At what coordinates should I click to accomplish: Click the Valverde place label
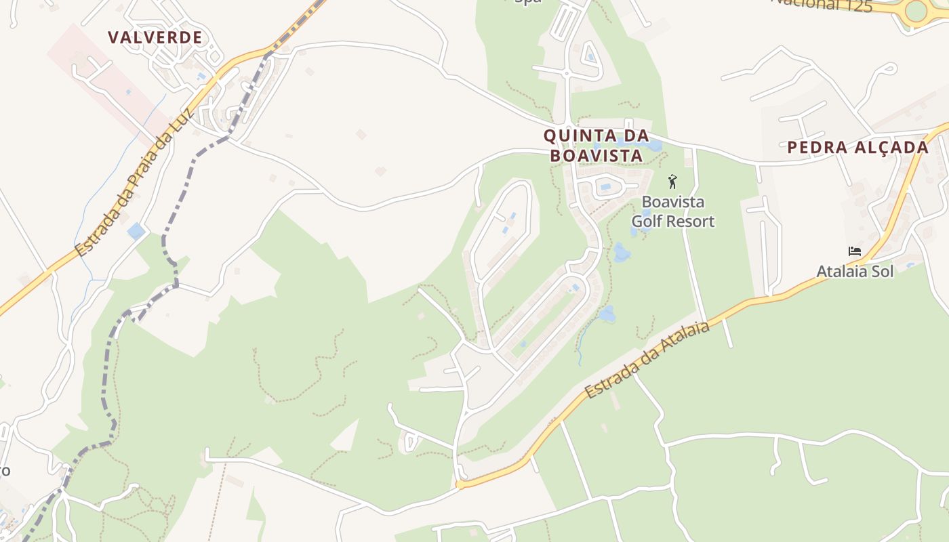tap(155, 38)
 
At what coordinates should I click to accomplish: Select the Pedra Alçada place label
tap(857, 148)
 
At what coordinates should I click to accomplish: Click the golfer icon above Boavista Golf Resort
tap(672, 182)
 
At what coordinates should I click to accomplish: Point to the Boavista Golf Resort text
tap(673, 211)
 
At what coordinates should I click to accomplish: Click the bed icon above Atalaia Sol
tap(855, 251)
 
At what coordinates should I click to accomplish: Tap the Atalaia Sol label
tap(855, 272)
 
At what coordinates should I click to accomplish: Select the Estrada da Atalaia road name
tap(647, 360)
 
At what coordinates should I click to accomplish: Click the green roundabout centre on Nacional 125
tap(916, 11)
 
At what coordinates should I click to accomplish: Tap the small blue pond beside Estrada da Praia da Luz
tap(136, 231)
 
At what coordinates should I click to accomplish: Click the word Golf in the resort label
tap(645, 222)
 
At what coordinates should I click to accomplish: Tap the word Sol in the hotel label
tap(882, 272)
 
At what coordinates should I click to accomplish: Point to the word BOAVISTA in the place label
tap(597, 156)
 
